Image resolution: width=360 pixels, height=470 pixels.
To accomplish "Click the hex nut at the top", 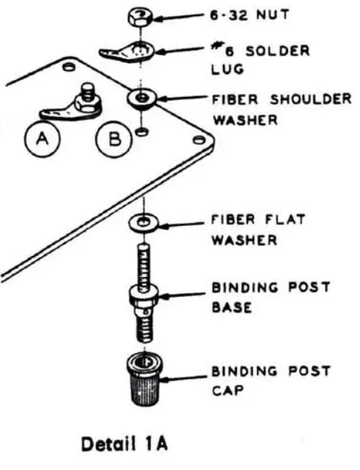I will (139, 16).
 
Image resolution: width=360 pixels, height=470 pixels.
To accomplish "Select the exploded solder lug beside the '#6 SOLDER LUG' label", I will (126, 54).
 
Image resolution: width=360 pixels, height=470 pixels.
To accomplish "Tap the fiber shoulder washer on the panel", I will (140, 98).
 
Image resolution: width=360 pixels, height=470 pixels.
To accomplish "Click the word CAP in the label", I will (227, 389).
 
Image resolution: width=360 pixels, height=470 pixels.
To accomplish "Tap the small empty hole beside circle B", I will (140, 132).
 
